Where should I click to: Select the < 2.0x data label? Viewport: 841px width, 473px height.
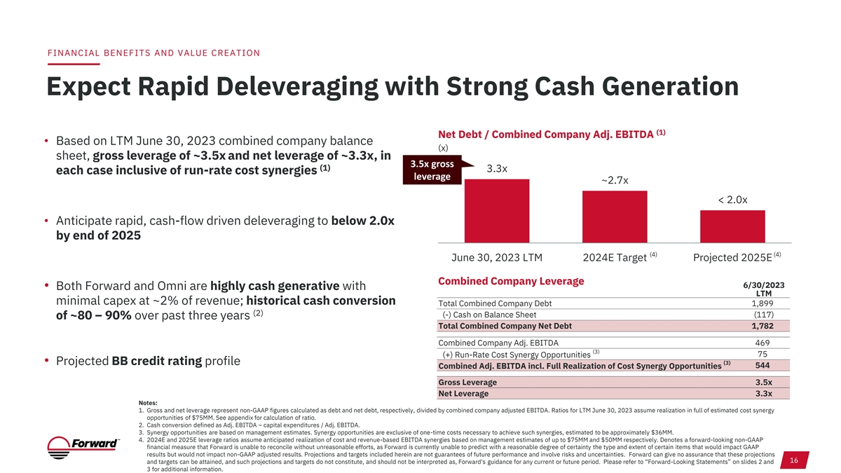pyautogui.click(x=733, y=200)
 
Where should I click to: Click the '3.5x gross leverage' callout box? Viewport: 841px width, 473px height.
pyautogui.click(x=432, y=170)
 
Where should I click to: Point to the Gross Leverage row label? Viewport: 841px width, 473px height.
pyautogui.click(x=467, y=382)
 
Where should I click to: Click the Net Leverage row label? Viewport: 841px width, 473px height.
pyautogui.click(x=463, y=393)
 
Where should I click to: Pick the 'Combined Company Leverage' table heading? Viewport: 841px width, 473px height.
pyautogui.click(x=510, y=281)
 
